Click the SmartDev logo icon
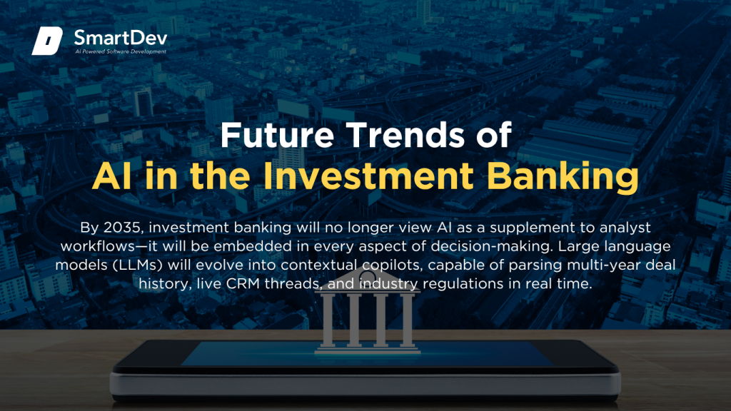pyautogui.click(x=47, y=41)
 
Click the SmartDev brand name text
pyautogui.click(x=120, y=37)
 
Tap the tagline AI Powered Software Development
pyautogui.click(x=121, y=51)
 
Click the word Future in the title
pyautogui.click(x=277, y=135)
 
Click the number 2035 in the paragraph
pyautogui.click(x=121, y=228)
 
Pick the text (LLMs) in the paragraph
pyautogui.click(x=138, y=265)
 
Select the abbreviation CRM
pyautogui.click(x=243, y=284)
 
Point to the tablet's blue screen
pyautogui.click(x=368, y=354)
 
